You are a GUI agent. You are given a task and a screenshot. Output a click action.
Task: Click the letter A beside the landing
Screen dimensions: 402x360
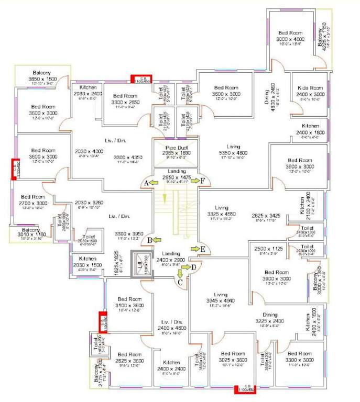pos(146,182)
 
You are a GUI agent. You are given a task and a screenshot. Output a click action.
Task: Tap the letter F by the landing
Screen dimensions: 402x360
pos(202,181)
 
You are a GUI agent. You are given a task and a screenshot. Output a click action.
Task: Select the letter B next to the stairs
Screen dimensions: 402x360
pos(150,240)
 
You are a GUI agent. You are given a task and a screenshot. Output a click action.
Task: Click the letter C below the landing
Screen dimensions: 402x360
pos(180,283)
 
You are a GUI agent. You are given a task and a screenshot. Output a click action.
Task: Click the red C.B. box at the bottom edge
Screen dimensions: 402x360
pos(244,389)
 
